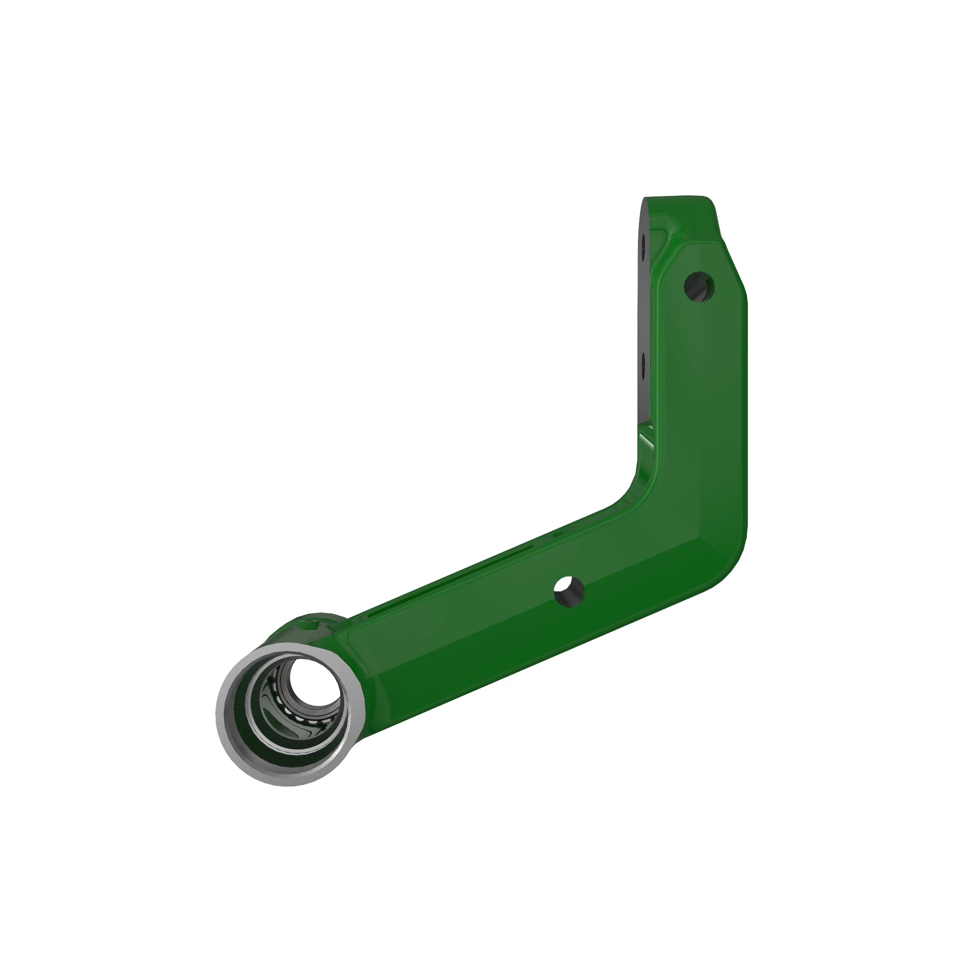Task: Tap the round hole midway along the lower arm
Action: click(x=569, y=591)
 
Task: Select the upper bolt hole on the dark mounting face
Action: click(x=644, y=243)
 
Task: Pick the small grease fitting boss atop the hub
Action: click(x=307, y=624)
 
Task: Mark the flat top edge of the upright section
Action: click(x=675, y=198)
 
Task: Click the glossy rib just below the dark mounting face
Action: click(x=648, y=440)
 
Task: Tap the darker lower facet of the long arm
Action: click(x=499, y=664)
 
